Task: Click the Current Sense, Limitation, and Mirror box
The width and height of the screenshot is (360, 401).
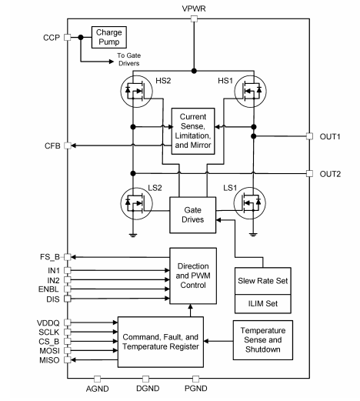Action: coord(193,130)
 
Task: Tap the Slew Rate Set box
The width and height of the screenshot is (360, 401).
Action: coord(262,281)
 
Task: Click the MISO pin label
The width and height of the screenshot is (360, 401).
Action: coord(51,359)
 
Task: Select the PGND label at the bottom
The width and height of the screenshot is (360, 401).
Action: coord(195,390)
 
